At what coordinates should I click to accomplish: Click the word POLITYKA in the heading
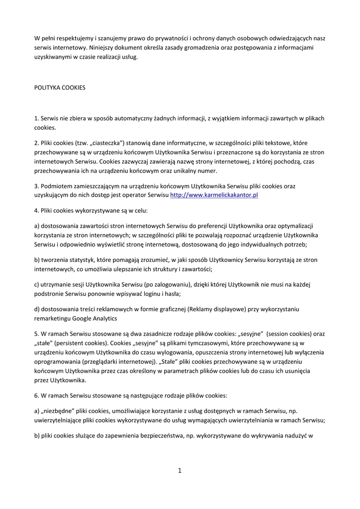pyautogui.click(x=47, y=87)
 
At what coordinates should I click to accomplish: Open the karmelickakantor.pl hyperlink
pyautogui.click(x=214, y=195)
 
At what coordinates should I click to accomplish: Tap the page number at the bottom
pyautogui.click(x=180, y=471)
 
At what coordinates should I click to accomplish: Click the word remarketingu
pyautogui.click(x=53, y=318)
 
